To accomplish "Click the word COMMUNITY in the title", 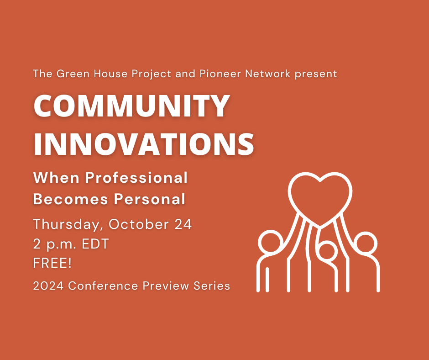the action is [x=131, y=106].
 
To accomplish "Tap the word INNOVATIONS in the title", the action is [x=144, y=144].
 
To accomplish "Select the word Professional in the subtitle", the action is [x=136, y=178].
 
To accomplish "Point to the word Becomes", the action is [x=70, y=199].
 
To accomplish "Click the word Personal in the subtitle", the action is [x=150, y=199].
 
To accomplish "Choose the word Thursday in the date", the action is [x=67, y=225].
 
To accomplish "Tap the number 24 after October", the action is [x=183, y=224].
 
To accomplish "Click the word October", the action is [x=139, y=224].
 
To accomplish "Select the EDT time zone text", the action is [x=95, y=244].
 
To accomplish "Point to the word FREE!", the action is [x=52, y=263].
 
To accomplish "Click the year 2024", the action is [x=48, y=286].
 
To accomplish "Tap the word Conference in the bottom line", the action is [x=103, y=286].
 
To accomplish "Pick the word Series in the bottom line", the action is [x=212, y=286].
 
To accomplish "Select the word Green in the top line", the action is [x=73, y=74].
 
